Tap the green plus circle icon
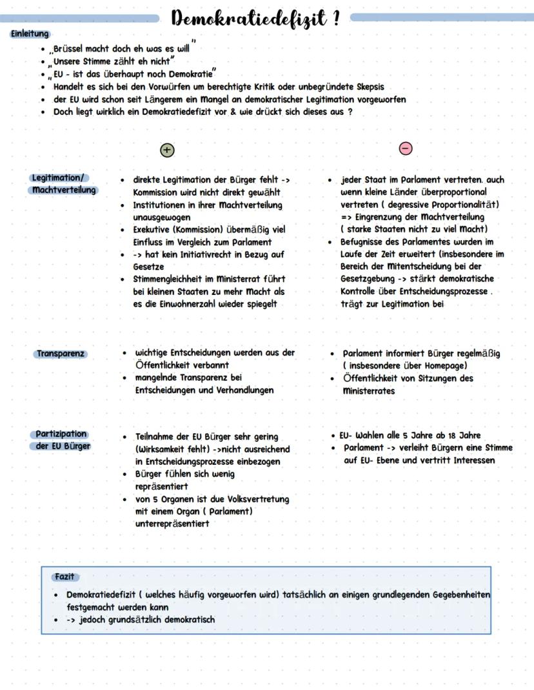(x=167, y=150)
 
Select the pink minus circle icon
(x=406, y=149)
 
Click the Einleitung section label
(x=30, y=34)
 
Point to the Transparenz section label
(x=61, y=354)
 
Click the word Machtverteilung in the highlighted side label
(x=64, y=190)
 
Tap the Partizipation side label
(x=61, y=434)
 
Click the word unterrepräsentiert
(x=172, y=524)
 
